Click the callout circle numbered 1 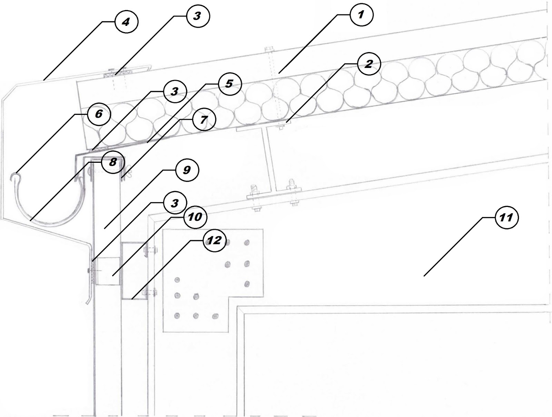tap(361, 15)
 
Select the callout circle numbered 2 tap(368, 64)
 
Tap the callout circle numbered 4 tap(126, 22)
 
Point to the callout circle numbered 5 tap(229, 84)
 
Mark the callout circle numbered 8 tap(113, 162)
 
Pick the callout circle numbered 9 tap(187, 170)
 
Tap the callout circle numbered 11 tap(506, 218)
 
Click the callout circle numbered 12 tap(214, 240)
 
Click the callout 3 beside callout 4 tap(197, 16)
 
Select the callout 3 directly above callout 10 tap(175, 203)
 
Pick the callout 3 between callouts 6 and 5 tap(175, 91)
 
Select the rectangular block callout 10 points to tap(108, 271)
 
